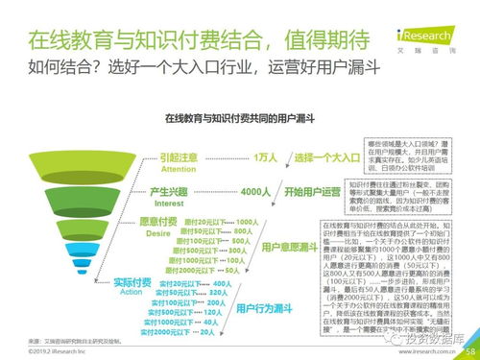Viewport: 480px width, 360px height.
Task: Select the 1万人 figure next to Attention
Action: point(266,157)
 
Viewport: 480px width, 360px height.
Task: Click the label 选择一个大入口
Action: point(333,157)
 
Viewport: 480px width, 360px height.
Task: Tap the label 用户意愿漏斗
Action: point(289,247)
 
